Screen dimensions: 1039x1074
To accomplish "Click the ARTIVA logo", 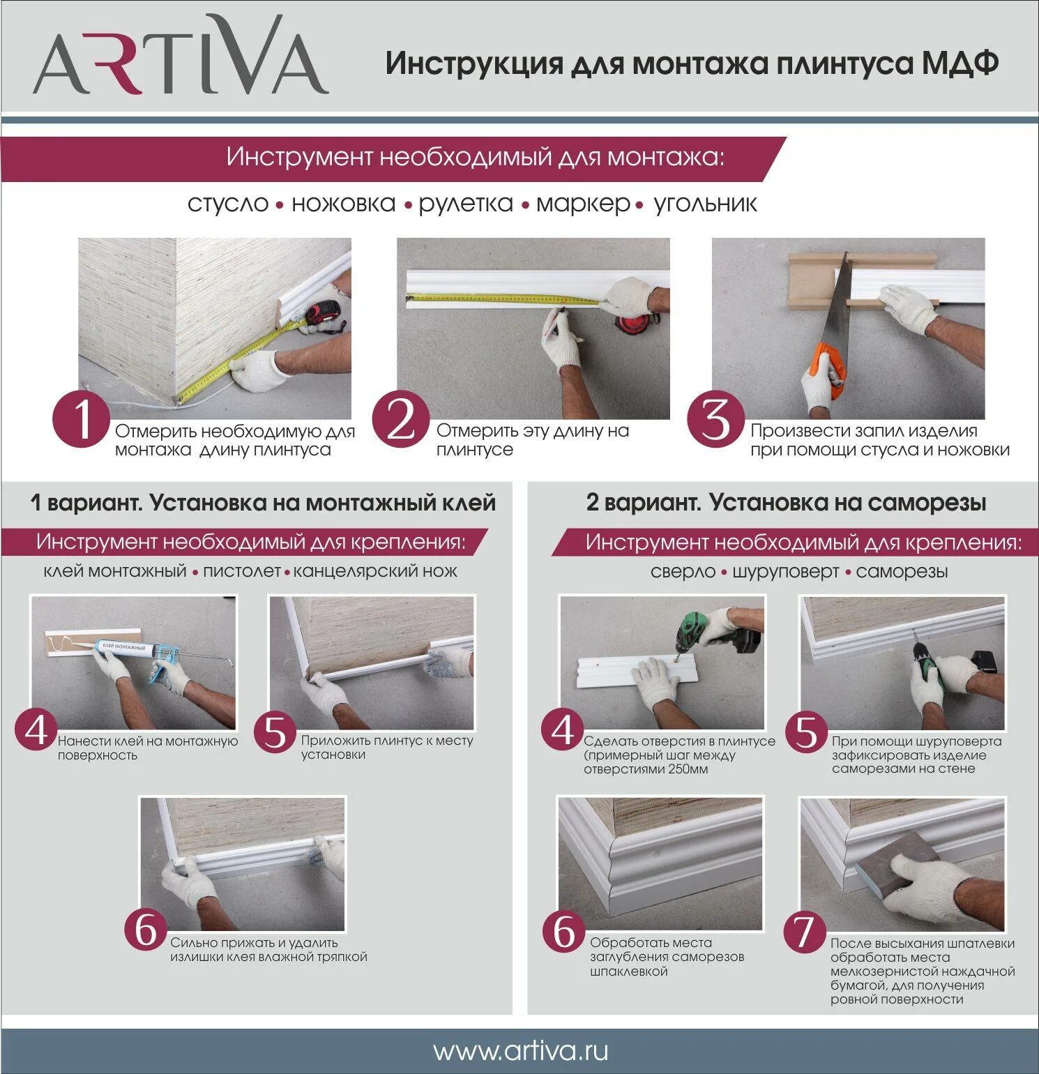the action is click(x=180, y=56).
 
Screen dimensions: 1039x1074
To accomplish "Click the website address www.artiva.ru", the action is click(x=520, y=1050).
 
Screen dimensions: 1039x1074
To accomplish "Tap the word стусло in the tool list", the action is click(x=228, y=204).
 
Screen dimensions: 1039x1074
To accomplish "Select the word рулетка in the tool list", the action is click(x=466, y=204).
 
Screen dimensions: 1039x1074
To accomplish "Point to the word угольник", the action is click(x=705, y=204).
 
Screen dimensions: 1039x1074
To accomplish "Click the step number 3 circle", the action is click(x=716, y=421).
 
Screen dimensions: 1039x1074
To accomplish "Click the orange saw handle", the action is click(x=831, y=370).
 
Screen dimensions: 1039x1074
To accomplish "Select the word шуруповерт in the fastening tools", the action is click(x=787, y=572).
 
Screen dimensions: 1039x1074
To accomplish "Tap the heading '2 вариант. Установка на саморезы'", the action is click(x=786, y=503).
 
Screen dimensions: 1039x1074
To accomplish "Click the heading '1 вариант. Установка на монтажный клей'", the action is click(x=263, y=503).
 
